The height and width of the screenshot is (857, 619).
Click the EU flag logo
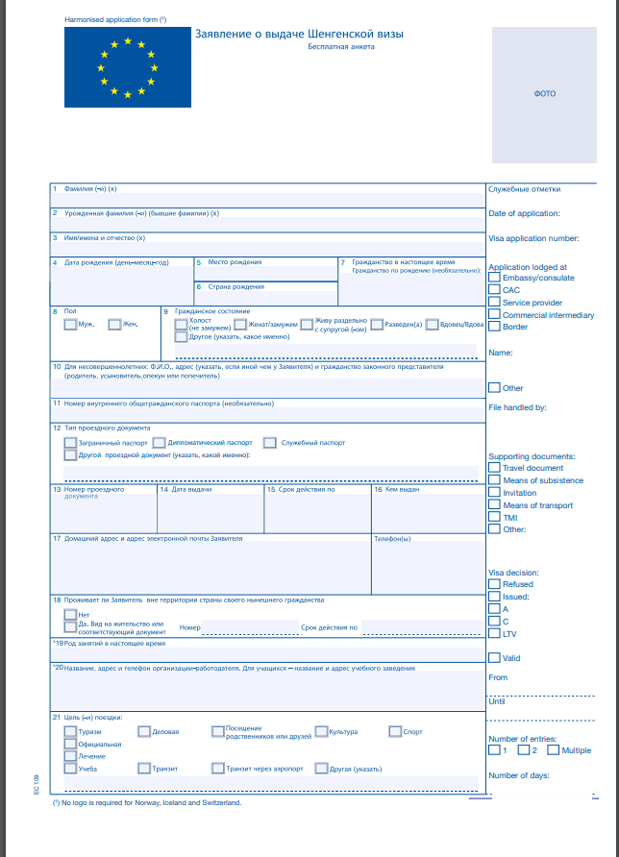pyautogui.click(x=127, y=67)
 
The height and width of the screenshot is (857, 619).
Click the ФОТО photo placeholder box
pyautogui.click(x=544, y=94)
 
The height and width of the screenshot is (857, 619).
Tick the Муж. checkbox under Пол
pyautogui.click(x=69, y=324)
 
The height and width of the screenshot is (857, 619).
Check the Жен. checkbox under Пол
pyautogui.click(x=114, y=324)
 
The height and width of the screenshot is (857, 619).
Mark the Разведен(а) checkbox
pyautogui.click(x=377, y=325)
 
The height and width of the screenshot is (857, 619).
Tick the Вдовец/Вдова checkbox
pyautogui.click(x=432, y=325)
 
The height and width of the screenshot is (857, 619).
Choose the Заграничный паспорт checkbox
pyautogui.click(x=69, y=443)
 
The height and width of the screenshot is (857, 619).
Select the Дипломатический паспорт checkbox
pyautogui.click(x=159, y=443)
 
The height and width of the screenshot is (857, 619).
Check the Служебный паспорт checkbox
pyautogui.click(x=270, y=443)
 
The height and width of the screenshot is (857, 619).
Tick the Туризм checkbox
pyautogui.click(x=69, y=731)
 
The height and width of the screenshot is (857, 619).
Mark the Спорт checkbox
pyautogui.click(x=395, y=731)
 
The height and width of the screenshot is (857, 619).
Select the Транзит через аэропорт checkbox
pyautogui.click(x=217, y=768)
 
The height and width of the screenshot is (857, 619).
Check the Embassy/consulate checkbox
pyautogui.click(x=494, y=278)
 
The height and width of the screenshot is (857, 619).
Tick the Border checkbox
pyautogui.click(x=494, y=327)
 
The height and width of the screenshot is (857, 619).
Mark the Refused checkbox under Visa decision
pyautogui.click(x=494, y=584)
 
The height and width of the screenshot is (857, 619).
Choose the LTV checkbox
pyautogui.click(x=494, y=633)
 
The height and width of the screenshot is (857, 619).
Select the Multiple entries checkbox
pyautogui.click(x=554, y=750)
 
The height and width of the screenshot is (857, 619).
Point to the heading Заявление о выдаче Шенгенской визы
pyautogui.click(x=299, y=34)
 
